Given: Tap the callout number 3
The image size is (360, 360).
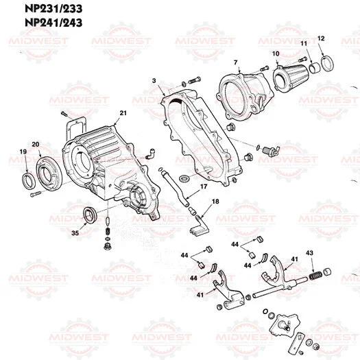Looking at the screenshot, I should (154, 81).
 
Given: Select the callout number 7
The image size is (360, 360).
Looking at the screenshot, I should (235, 64).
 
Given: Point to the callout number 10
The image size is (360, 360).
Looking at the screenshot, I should (276, 53).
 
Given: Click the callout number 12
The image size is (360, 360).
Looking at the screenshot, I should (321, 38).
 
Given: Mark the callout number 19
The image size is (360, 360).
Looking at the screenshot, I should (23, 152).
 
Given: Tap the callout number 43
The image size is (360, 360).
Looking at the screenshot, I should (310, 253).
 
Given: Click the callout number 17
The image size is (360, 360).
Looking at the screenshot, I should (204, 186).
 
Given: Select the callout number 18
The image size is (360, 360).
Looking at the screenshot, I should (215, 201).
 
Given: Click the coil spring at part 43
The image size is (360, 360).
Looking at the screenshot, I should (315, 276).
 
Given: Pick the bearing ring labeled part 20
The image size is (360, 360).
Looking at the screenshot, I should (49, 171).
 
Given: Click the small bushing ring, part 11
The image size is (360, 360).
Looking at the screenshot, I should (312, 68).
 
